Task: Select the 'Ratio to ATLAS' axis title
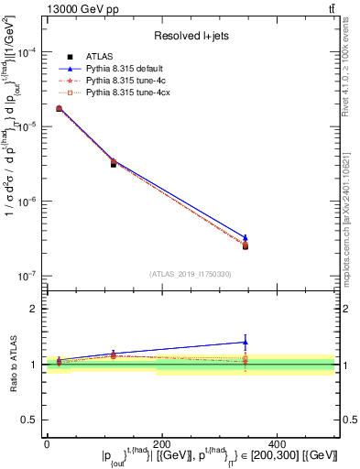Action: (12, 364)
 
